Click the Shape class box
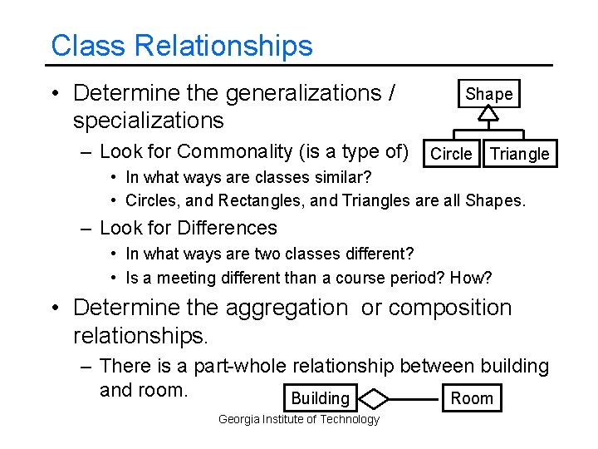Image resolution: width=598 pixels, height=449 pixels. pyautogui.click(x=489, y=94)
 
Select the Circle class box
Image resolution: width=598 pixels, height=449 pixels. pyautogui.click(x=452, y=154)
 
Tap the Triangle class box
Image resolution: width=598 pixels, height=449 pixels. pyautogui.click(x=519, y=154)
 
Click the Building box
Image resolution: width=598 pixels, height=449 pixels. pyautogui.click(x=320, y=398)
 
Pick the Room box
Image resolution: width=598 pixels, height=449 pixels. pyautogui.click(x=471, y=398)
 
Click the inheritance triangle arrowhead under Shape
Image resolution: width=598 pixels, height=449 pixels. pyautogui.click(x=489, y=115)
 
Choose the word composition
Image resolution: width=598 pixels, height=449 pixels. pyautogui.click(x=450, y=307)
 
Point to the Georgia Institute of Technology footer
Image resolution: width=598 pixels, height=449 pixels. pyautogui.click(x=298, y=419)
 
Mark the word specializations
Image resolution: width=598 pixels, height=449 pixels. pyautogui.click(x=148, y=121)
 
